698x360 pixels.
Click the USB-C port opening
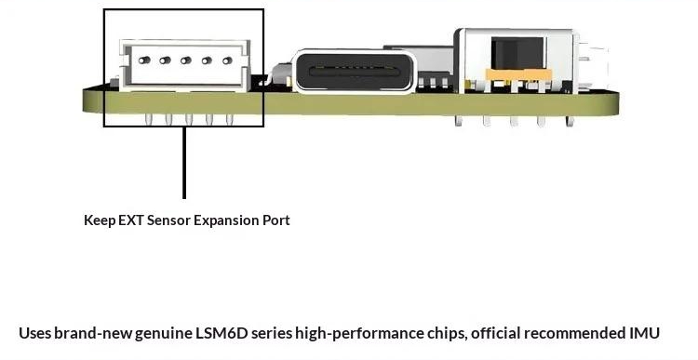pos(355,72)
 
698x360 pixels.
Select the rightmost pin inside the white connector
pos(227,60)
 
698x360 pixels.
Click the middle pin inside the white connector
pos(185,60)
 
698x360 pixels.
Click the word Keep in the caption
pos(100,220)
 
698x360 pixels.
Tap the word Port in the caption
pos(276,220)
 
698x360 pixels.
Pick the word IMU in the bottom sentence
pos(644,333)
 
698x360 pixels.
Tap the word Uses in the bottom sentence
pos(34,333)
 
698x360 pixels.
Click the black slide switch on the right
pos(517,53)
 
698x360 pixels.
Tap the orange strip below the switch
pos(518,74)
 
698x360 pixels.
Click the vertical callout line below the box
pos(184,163)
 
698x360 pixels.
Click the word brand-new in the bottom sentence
pos(93,333)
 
